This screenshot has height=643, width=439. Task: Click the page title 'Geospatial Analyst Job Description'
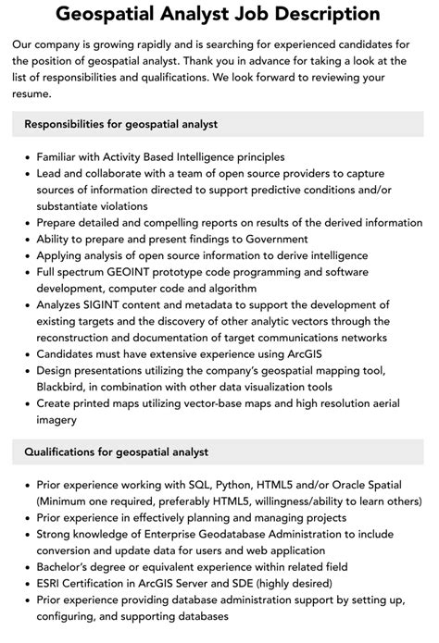pos(219,14)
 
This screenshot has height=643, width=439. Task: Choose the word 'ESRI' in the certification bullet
pos(52,585)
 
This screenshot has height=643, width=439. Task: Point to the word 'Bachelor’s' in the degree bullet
pos(70,568)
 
